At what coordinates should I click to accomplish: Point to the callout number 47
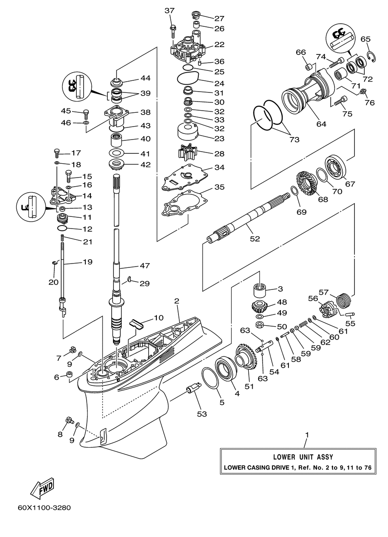pyautogui.click(x=145, y=265)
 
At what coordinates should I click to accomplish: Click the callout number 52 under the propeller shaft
pyautogui.click(x=255, y=238)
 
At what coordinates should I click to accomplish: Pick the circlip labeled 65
pyautogui.click(x=372, y=57)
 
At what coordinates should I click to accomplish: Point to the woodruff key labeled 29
pyautogui.click(x=129, y=279)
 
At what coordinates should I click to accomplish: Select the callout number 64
pyautogui.click(x=321, y=124)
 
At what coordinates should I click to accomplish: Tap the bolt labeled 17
pyautogui.click(x=57, y=153)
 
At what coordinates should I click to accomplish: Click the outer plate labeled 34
pyautogui.click(x=184, y=178)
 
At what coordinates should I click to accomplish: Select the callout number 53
pyautogui.click(x=202, y=414)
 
